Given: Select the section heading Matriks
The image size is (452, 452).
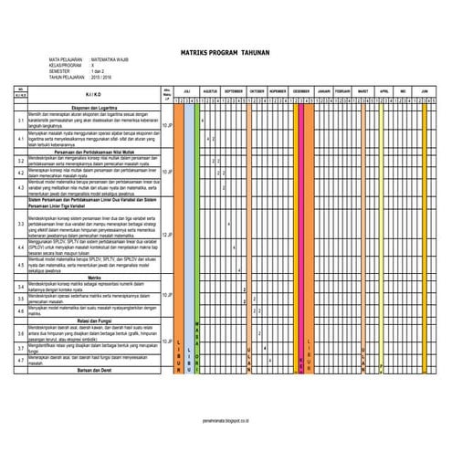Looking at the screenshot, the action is pyautogui.click(x=92, y=275).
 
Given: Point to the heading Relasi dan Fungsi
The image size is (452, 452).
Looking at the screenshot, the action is pyautogui.click(x=95, y=320).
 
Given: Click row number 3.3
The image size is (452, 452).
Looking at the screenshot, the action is pyautogui.click(x=21, y=224).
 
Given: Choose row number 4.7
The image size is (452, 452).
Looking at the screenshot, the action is pyautogui.click(x=21, y=361).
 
